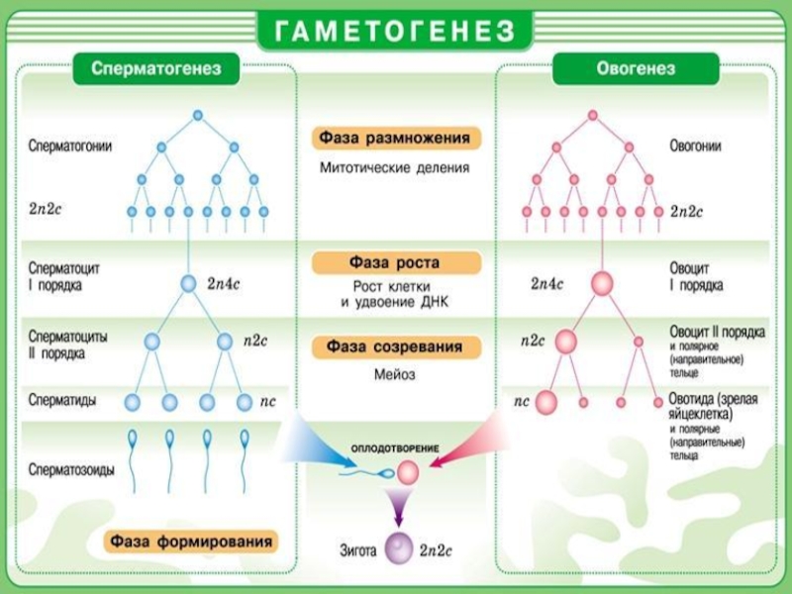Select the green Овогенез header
point(636,69)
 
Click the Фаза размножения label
point(394,138)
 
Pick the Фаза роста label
point(394,263)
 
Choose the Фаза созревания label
point(394,347)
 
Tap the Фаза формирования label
point(192,542)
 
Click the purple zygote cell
point(399,546)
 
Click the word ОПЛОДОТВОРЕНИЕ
point(395,448)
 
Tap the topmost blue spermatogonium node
point(197,116)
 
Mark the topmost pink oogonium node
point(594,116)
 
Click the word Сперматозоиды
point(71,470)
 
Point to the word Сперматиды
point(62,400)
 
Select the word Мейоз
point(394,375)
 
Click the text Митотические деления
point(394,167)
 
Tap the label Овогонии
point(695,146)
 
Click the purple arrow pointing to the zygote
point(398,508)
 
